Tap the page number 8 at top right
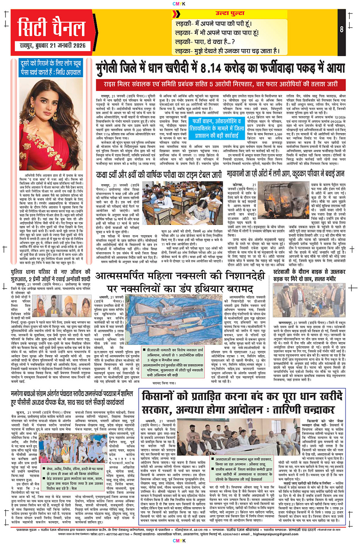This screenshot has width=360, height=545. tap(342, 30)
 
